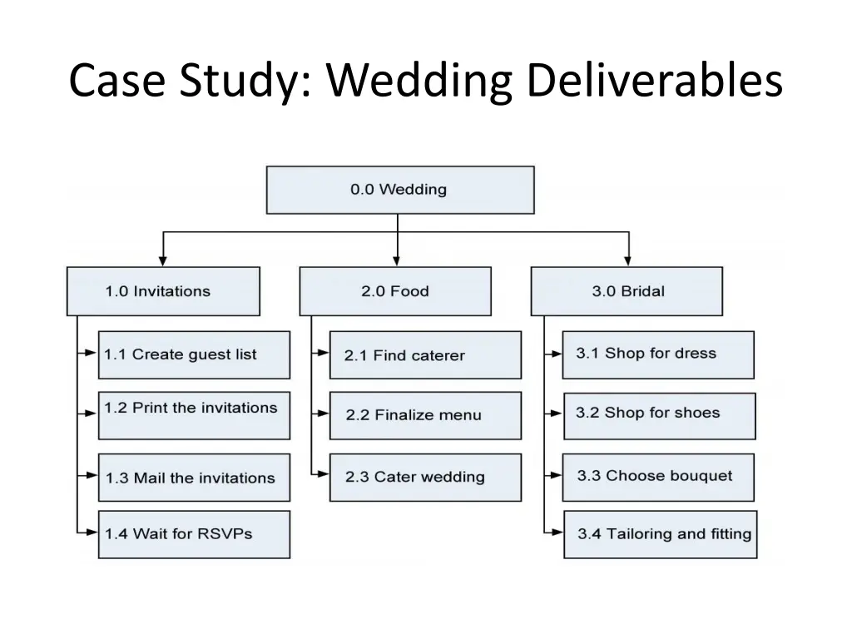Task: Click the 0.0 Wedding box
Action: tap(399, 190)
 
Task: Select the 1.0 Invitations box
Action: tap(163, 291)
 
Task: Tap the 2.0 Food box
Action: tap(395, 291)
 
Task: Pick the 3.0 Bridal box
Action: tap(627, 291)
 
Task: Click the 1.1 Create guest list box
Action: tap(194, 355)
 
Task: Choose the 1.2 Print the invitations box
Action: tap(194, 415)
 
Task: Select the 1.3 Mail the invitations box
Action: tap(194, 478)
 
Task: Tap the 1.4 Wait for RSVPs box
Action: tap(194, 534)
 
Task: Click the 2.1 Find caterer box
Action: tap(425, 355)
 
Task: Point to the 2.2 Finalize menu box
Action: tap(425, 415)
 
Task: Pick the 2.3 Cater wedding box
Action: tap(425, 478)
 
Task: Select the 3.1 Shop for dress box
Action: tap(658, 354)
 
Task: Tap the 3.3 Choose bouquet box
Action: tap(658, 477)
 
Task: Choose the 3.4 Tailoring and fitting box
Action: tap(660, 534)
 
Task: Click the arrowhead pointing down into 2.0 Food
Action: tap(398, 260)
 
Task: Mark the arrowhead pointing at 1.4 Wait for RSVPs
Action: tap(92, 532)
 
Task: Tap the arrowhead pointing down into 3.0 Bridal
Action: tap(628, 260)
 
